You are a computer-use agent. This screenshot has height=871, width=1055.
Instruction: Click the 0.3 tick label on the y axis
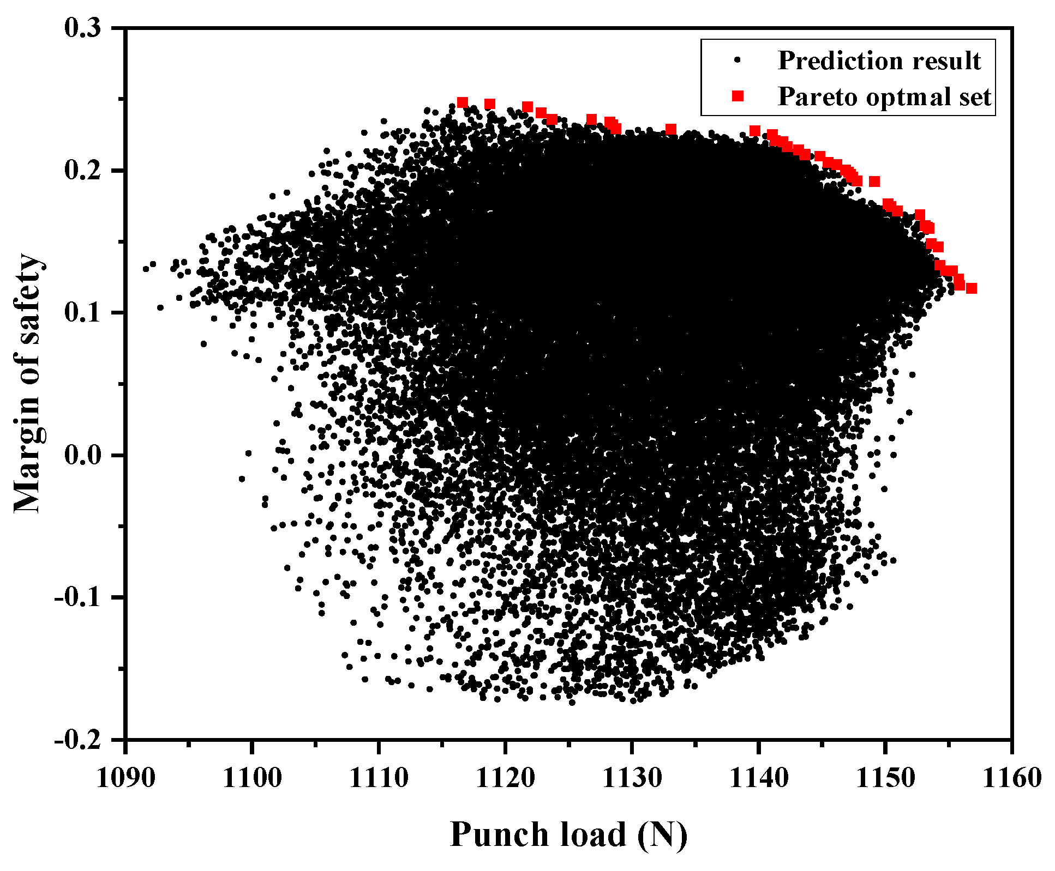click(83, 28)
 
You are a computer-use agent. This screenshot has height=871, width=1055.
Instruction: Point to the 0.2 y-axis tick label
click(83, 171)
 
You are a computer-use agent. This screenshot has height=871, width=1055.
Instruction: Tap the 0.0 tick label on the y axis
click(83, 455)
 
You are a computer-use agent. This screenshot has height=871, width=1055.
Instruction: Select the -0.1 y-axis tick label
click(78, 597)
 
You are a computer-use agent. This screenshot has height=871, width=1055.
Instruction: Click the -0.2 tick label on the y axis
click(78, 740)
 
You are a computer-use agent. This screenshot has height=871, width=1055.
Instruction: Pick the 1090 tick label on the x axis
click(125, 778)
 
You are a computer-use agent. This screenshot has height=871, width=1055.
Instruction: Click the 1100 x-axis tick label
click(252, 778)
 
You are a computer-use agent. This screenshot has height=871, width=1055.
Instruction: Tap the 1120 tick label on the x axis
click(505, 778)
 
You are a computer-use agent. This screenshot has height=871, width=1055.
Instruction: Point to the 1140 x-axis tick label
click(758, 778)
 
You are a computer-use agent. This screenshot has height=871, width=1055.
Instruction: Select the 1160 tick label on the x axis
click(1011, 778)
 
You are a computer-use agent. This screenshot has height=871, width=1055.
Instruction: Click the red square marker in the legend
click(738, 96)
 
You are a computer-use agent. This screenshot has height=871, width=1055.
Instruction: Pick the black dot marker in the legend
click(738, 61)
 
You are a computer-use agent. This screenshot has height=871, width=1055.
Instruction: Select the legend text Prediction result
click(879, 61)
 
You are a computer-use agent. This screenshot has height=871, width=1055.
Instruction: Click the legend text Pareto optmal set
click(884, 96)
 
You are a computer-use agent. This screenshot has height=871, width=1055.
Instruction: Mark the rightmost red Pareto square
click(971, 288)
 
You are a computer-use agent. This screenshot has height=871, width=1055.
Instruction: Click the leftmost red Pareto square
click(463, 102)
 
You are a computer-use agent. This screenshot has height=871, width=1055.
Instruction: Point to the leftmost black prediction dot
click(146, 269)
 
